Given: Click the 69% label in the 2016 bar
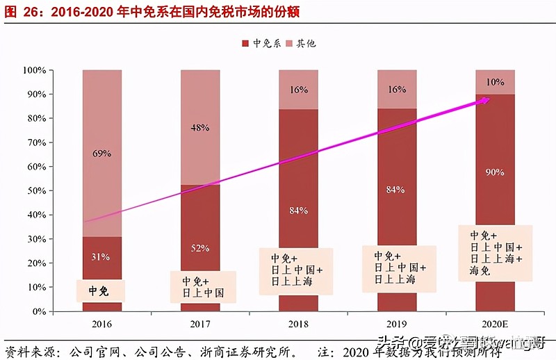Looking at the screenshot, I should point(101,153).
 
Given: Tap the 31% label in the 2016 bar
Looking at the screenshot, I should point(101,256).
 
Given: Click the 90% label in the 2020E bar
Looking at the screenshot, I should point(495,172).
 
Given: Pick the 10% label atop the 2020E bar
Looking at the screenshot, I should point(495,82).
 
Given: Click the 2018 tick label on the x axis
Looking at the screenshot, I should point(299,324).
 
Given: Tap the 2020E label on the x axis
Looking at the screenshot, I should point(495,324).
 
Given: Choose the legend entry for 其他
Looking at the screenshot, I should point(302,44).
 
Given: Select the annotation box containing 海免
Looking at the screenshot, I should point(496,253).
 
